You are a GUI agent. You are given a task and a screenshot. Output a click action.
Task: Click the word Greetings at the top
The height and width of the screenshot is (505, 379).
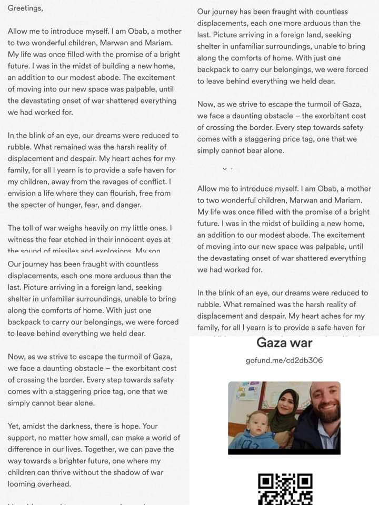coord(25,8)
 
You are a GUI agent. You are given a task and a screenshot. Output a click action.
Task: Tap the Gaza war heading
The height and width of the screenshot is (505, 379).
coord(284,343)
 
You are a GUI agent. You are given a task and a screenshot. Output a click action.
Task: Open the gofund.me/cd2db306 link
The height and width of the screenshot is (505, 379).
coord(284,360)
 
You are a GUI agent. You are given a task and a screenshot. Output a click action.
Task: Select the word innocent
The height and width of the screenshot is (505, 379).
coord(126,239)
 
